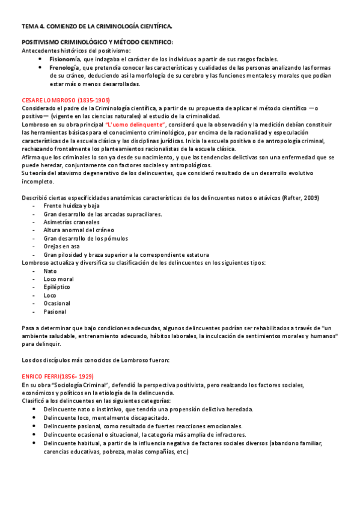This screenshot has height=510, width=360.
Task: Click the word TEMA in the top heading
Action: click(29, 26)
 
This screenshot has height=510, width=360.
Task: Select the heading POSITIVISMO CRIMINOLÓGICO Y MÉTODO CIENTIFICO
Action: click(97, 42)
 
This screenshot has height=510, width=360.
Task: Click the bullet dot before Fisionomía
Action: click(40, 60)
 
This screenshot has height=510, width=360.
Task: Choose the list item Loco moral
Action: click(59, 279)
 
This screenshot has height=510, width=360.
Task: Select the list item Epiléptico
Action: click(58, 287)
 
